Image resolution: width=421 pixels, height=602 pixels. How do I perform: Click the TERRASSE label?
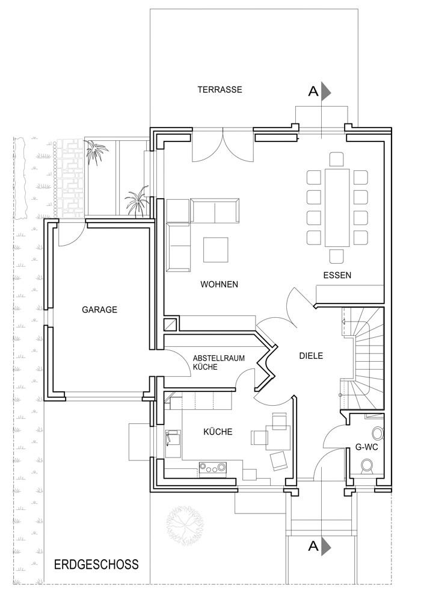[220, 90]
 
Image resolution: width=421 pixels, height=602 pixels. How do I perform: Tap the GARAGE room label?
[99, 309]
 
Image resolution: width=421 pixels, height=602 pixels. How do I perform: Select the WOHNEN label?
[219, 284]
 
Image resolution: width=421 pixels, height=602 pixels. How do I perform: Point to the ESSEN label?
[337, 275]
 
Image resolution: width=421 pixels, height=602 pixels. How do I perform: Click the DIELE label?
[311, 356]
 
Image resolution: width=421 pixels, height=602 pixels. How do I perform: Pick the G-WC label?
[367, 447]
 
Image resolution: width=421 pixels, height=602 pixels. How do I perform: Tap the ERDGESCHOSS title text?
[96, 565]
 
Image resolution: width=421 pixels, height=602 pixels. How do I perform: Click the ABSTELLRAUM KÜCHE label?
[218, 362]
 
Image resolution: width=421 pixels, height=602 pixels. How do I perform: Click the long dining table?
[337, 207]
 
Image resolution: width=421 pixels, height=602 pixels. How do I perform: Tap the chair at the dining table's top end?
[337, 159]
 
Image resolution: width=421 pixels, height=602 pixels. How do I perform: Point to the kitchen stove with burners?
[212, 468]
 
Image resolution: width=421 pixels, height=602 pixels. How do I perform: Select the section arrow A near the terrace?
[320, 92]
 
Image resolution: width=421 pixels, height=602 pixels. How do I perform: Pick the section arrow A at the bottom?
[320, 547]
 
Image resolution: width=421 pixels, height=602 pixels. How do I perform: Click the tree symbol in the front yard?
[185, 523]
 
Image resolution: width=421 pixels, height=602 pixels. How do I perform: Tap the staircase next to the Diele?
[362, 358]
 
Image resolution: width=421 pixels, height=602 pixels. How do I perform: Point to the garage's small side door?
[72, 234]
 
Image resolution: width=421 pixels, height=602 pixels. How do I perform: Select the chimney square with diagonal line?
[171, 324]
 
